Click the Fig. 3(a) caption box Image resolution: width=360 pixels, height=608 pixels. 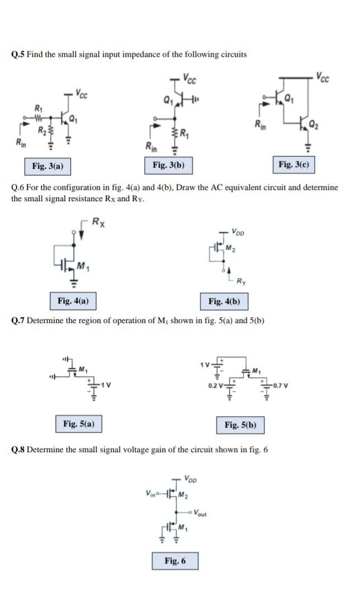pyautogui.click(x=48, y=166)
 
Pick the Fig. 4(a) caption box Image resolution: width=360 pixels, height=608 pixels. pyautogui.click(x=73, y=301)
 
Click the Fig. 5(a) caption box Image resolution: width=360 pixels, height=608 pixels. pyautogui.click(x=78, y=424)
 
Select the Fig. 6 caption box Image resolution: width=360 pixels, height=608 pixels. pyautogui.click(x=175, y=560)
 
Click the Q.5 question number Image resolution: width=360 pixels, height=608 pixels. pyautogui.click(x=18, y=54)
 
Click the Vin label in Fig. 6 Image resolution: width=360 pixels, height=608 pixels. pyautogui.click(x=150, y=492)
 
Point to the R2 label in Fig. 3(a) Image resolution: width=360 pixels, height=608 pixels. pyautogui.click(x=41, y=131)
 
